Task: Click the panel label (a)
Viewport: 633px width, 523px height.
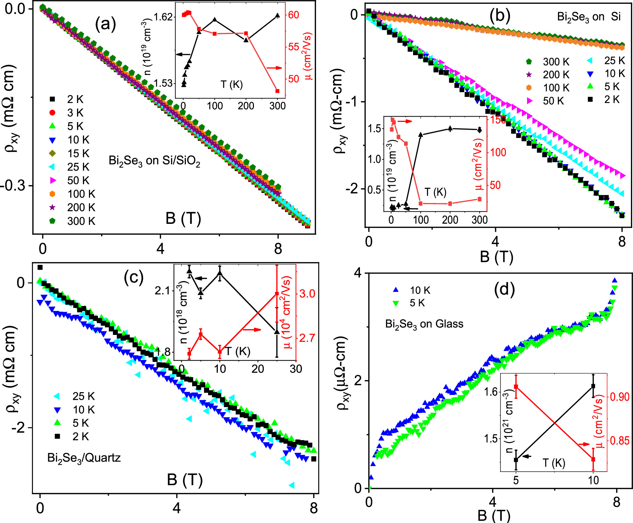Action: tap(105, 25)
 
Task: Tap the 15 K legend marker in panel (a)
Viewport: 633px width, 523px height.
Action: tap(52, 153)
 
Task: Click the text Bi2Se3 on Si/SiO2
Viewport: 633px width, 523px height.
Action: tap(154, 161)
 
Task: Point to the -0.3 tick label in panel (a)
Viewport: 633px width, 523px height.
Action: tap(13, 186)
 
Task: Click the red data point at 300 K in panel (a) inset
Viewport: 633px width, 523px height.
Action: tap(277, 91)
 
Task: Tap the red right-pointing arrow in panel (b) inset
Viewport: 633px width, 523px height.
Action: tap(405, 121)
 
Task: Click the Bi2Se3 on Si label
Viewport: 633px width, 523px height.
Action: tap(589, 17)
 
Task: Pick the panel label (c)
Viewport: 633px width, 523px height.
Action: tap(134, 277)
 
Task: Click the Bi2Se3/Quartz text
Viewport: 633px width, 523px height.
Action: tap(84, 458)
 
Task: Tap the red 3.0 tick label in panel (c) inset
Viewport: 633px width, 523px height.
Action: tap(307, 294)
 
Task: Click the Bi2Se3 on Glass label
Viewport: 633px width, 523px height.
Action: tap(424, 324)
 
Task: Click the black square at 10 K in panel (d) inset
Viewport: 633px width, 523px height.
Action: tap(593, 386)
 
